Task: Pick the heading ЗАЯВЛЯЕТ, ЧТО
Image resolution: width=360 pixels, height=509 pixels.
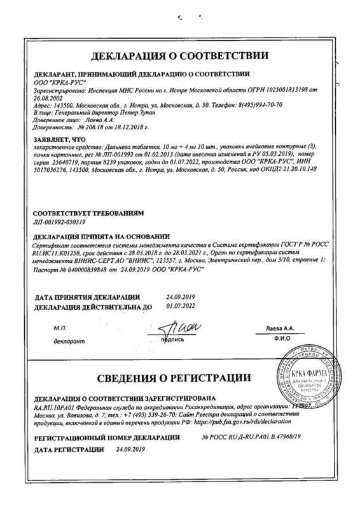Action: click(x=58, y=137)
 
